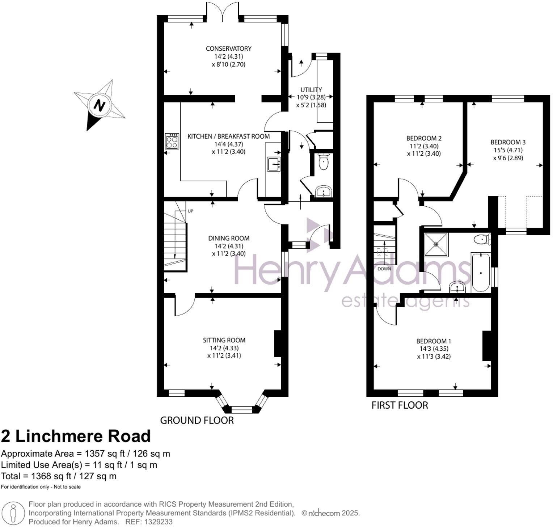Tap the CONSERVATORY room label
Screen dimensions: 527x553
pyautogui.click(x=228, y=49)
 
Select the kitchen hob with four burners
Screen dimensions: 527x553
pyautogui.click(x=172, y=141)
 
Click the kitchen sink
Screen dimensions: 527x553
pyautogui.click(x=274, y=164)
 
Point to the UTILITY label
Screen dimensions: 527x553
pyautogui.click(x=311, y=89)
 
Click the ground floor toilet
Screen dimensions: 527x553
pyautogui.click(x=324, y=162)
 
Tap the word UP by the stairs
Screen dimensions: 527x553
pyautogui.click(x=190, y=211)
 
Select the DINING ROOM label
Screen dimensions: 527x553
pyautogui.click(x=229, y=238)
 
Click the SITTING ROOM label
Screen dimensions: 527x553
pyautogui.click(x=224, y=340)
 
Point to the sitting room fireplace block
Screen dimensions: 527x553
pyautogui.click(x=278, y=343)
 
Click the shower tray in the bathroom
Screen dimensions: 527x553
pyautogui.click(x=436, y=245)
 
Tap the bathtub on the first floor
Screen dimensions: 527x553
pyautogui.click(x=481, y=272)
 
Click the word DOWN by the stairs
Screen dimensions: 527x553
pyautogui.click(x=384, y=269)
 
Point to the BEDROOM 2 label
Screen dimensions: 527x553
pyautogui.click(x=424, y=138)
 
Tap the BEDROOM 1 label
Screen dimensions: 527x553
pyautogui.click(x=434, y=341)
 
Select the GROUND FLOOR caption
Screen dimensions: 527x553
pyautogui.click(x=197, y=420)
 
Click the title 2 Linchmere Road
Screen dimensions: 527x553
pyautogui.click(x=76, y=436)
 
